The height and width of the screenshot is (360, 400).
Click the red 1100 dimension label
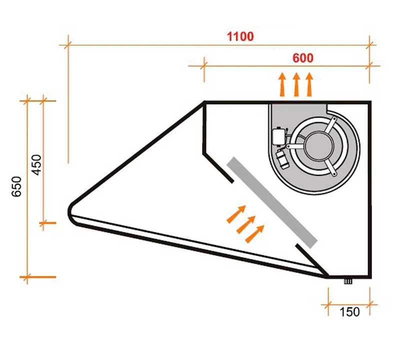[x=240, y=36]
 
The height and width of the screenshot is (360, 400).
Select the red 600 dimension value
[x=303, y=58]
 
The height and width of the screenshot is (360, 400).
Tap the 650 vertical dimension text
[x=17, y=186]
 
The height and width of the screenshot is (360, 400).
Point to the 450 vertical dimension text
[x=37, y=165]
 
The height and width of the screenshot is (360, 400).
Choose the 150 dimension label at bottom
[x=349, y=312]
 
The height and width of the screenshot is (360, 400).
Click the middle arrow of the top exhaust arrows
[x=296, y=84]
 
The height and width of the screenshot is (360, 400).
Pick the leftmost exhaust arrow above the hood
[x=282, y=84]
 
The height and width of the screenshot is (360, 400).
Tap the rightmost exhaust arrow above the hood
[x=309, y=84]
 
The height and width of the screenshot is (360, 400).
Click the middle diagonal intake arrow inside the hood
[x=246, y=224]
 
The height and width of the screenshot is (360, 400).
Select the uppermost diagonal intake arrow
[x=236, y=214]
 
